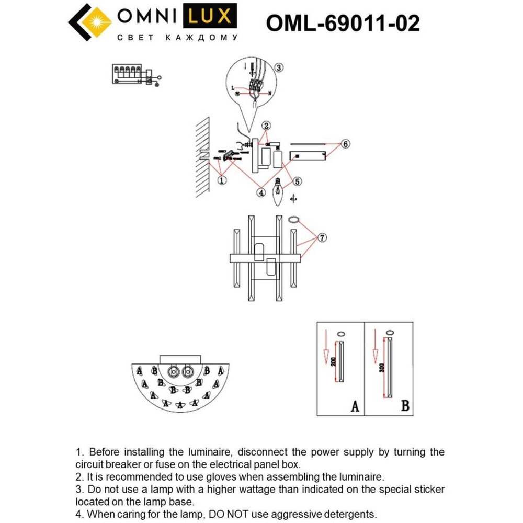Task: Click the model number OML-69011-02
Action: [x=343, y=22]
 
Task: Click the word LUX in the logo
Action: [x=209, y=17]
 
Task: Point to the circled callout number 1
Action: [x=222, y=180]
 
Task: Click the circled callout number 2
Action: [x=266, y=126]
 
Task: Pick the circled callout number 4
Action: [x=260, y=192]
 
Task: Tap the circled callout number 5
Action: [x=297, y=181]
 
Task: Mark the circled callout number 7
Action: [x=322, y=238]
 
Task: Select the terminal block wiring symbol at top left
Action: [x=135, y=74]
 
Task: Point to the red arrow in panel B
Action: [x=374, y=348]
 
